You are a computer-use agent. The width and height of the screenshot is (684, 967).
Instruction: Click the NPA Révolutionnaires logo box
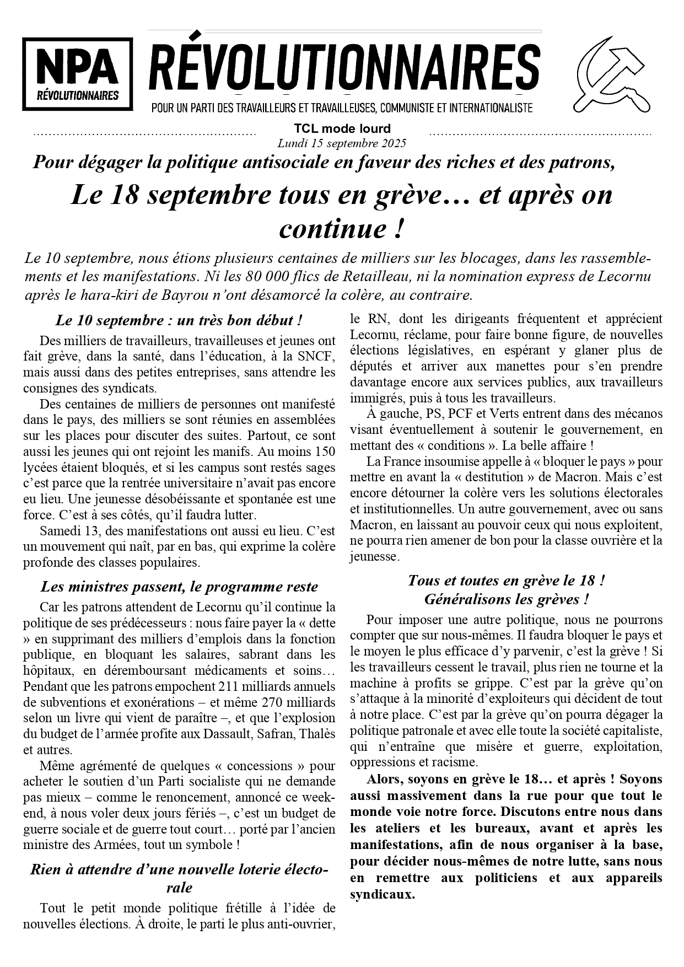77,73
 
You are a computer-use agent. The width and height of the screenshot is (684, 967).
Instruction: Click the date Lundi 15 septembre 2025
342,143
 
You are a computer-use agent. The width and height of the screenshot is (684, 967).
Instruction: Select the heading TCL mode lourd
342,129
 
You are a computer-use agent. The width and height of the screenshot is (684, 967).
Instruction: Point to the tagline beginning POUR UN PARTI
342,108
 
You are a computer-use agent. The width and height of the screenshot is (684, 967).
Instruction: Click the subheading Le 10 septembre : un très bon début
179,320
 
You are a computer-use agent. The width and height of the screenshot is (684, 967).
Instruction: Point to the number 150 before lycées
324,452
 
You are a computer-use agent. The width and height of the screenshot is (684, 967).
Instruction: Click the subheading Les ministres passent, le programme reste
179,587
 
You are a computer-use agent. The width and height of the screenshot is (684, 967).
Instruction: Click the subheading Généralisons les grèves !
506,599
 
